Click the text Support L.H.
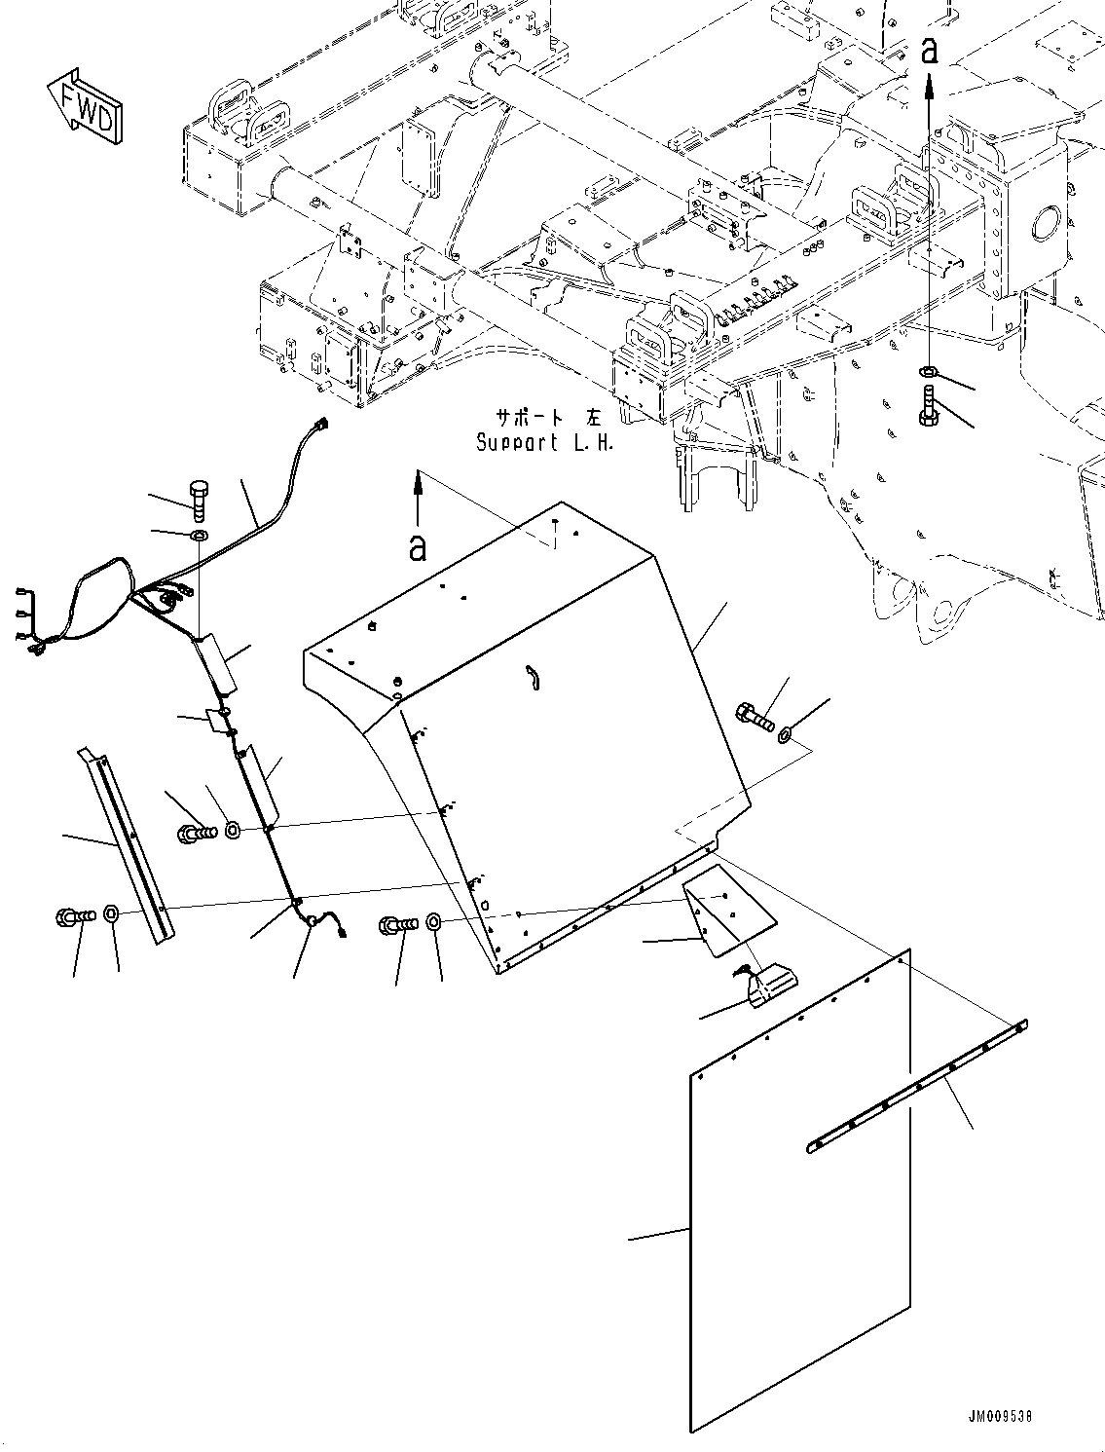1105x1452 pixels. (545, 443)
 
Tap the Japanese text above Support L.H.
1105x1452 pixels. (549, 418)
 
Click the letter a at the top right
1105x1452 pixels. (930, 51)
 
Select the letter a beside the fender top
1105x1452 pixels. (418, 547)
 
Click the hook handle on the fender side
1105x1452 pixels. (533, 677)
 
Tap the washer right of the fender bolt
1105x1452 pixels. (786, 734)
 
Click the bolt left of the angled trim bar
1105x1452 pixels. (76, 916)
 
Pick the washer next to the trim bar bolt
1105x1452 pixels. (111, 915)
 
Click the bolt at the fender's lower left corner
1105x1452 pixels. (399, 925)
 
